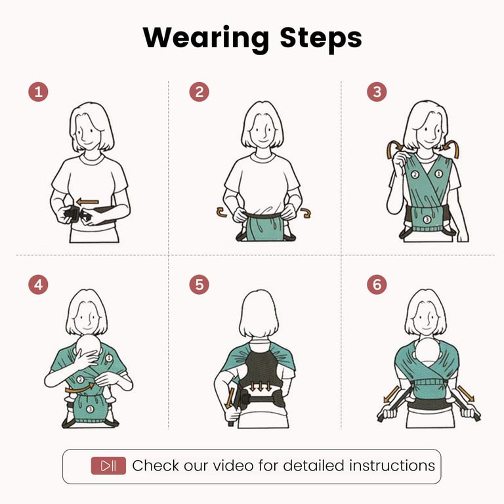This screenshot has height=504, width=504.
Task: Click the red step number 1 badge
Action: [38, 92]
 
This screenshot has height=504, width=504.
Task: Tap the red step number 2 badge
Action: [199, 92]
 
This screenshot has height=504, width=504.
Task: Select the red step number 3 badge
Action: [377, 92]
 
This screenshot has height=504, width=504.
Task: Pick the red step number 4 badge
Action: [38, 284]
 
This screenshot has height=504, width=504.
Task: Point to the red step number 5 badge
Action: [199, 284]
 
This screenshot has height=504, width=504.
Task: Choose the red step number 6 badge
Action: [377, 284]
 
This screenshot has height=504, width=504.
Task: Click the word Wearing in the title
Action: [205, 39]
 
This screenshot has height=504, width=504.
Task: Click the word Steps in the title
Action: [321, 39]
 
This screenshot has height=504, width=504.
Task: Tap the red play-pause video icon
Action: [108, 465]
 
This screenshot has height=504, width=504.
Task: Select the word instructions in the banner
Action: [392, 465]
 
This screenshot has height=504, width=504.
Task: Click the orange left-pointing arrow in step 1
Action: [87, 202]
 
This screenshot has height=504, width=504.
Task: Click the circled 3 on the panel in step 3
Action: [427, 220]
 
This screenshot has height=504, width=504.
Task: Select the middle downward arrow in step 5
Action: [261, 387]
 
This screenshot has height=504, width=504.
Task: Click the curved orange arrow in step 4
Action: [79, 388]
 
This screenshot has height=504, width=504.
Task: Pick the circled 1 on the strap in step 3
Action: [439, 174]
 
